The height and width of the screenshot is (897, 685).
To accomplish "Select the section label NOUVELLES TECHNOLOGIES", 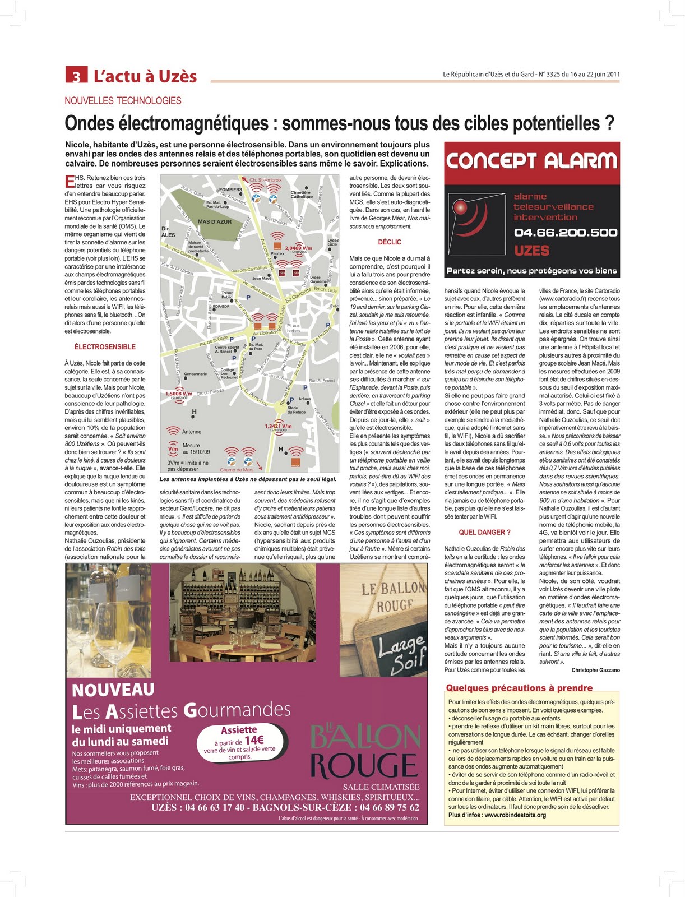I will click(x=123, y=101).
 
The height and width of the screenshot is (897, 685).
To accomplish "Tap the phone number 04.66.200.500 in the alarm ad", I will click(x=565, y=233).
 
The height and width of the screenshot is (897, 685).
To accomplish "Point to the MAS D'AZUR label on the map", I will click(x=214, y=222).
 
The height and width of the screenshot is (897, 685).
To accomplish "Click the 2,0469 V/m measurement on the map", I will click(x=298, y=248).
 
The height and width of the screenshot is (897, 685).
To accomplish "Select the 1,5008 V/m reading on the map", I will click(x=179, y=394).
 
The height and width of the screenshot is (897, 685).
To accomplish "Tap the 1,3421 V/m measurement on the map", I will click(x=278, y=426).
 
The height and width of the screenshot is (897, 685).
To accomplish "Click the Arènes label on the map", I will click(x=304, y=399).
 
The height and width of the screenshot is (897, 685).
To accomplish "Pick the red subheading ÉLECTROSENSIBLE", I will click(x=105, y=347).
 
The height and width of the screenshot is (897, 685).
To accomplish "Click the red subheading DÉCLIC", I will click(x=390, y=242).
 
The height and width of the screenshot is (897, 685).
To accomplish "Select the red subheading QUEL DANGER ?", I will click(x=484, y=532).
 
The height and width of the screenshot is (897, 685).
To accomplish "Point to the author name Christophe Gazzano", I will click(x=595, y=670).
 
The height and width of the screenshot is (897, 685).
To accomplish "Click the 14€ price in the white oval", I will click(x=253, y=740).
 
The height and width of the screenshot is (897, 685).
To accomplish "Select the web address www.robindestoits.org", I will click(x=515, y=815).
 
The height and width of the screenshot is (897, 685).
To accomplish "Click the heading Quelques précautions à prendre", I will click(x=519, y=688).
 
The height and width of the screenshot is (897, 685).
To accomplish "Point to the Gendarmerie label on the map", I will click(x=196, y=374).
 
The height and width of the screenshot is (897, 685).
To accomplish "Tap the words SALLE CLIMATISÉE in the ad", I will click(x=381, y=787).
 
